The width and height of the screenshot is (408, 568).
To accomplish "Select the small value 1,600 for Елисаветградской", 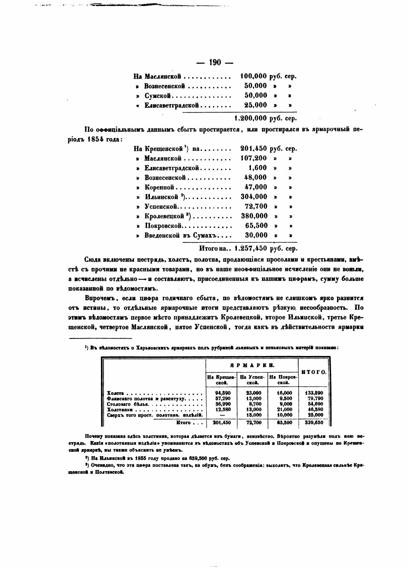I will (x=257, y=168).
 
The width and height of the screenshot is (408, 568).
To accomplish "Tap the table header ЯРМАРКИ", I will (x=252, y=365).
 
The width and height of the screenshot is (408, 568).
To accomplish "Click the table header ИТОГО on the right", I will (x=314, y=372).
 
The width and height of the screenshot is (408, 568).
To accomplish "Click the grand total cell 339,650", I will (x=314, y=423).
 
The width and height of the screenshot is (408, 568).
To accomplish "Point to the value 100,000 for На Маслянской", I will (x=254, y=76).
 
